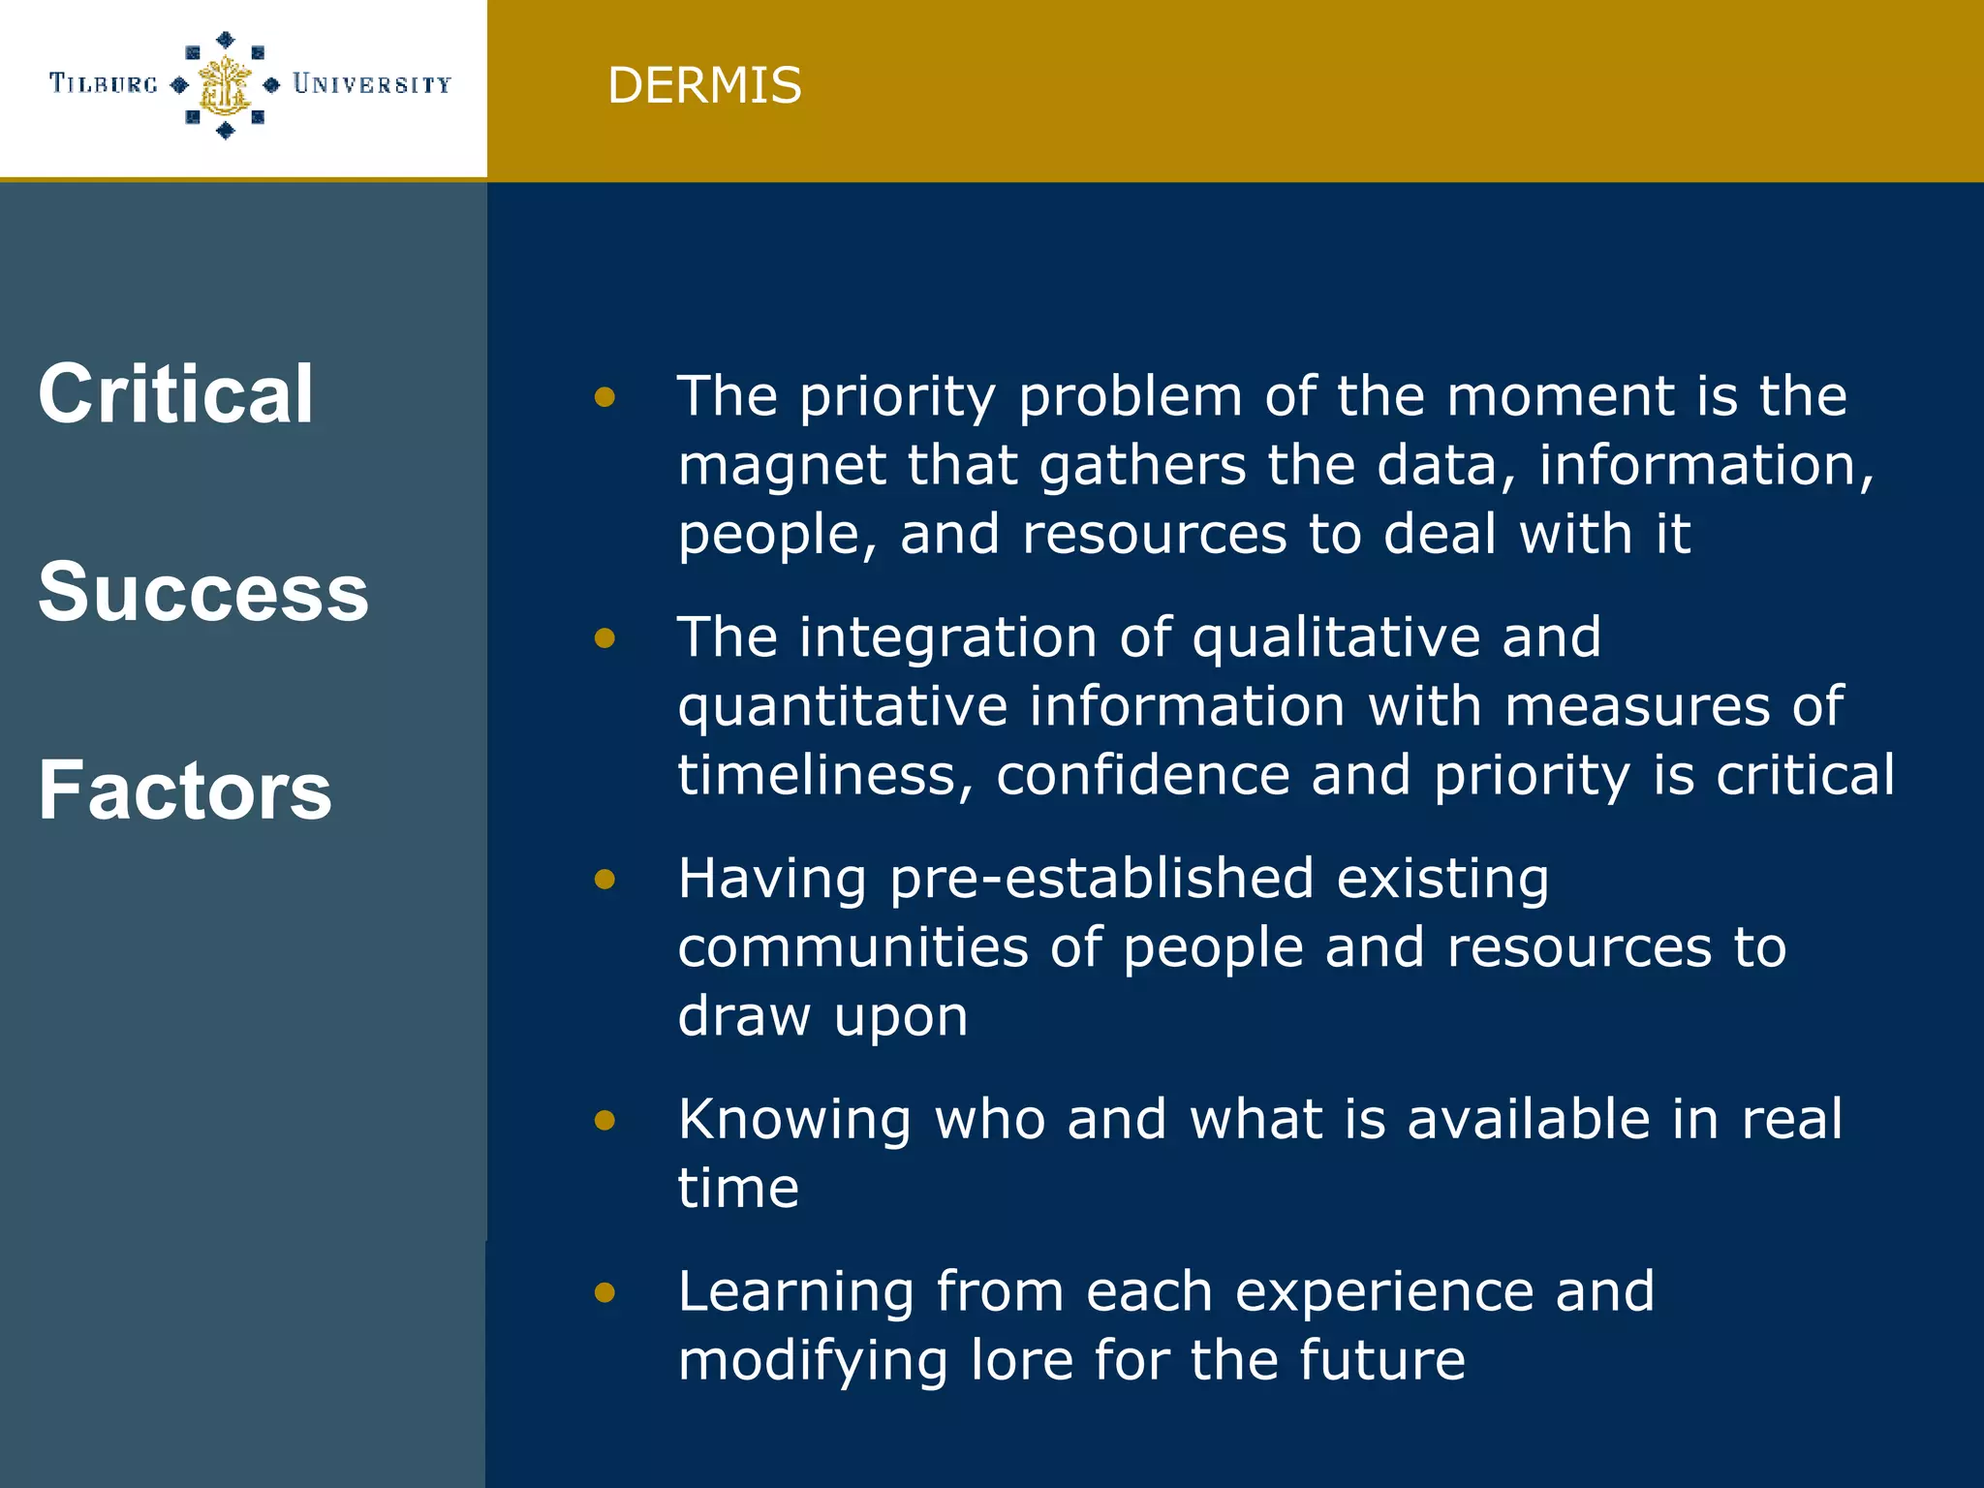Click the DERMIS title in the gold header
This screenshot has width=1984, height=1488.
[x=704, y=85]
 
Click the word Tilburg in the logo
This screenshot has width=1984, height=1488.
[x=104, y=84]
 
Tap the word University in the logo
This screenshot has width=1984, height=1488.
[x=372, y=84]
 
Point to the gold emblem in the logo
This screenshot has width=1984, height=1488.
[x=225, y=85]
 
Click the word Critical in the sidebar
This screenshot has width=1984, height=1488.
[x=176, y=393]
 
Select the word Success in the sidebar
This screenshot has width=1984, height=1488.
[x=203, y=592]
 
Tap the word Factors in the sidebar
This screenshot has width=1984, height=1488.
[x=185, y=790]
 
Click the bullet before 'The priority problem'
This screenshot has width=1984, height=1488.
[x=605, y=396]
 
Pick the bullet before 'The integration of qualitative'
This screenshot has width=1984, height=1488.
[x=605, y=637]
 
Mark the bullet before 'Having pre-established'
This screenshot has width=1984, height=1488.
[x=605, y=879]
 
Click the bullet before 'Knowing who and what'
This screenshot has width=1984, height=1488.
[x=605, y=1120]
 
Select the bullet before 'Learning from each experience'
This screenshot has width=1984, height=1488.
[x=605, y=1291]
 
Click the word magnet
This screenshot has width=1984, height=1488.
[x=781, y=466]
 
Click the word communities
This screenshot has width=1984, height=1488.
[x=852, y=947]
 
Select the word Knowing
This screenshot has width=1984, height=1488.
[x=794, y=1120]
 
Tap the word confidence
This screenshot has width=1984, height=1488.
[x=1142, y=776]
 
